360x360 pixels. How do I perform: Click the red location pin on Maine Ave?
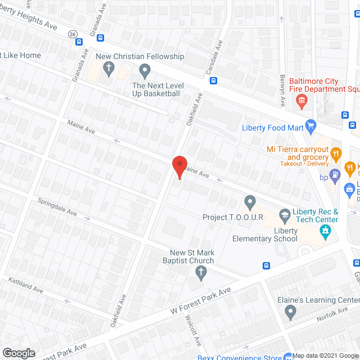(179, 167)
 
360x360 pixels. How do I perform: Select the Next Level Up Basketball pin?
(145, 71)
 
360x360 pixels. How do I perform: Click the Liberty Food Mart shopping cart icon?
(310, 125)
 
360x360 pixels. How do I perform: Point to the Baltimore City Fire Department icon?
(301, 101)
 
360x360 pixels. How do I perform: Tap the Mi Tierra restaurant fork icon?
(336, 154)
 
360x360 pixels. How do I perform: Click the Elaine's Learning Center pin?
(290, 313)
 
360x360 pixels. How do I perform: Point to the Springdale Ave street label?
(57, 207)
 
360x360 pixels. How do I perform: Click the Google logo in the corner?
(18, 353)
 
